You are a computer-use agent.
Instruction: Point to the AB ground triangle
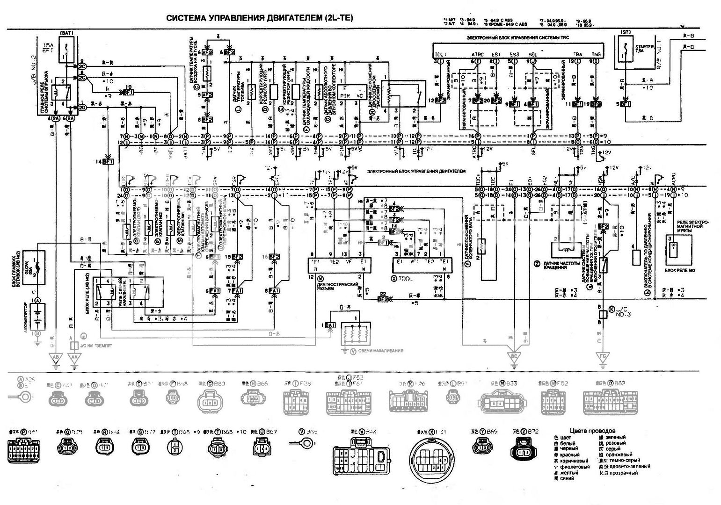point(55,358)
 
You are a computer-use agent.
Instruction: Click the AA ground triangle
point(74,358)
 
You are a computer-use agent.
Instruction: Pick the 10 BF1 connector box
point(128,92)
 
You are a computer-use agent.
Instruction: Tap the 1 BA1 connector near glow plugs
point(329,325)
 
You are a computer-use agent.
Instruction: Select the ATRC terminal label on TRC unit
point(478,55)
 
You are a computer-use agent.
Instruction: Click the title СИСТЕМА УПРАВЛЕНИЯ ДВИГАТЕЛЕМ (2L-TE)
point(260,18)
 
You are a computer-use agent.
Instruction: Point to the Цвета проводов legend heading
point(593,431)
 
